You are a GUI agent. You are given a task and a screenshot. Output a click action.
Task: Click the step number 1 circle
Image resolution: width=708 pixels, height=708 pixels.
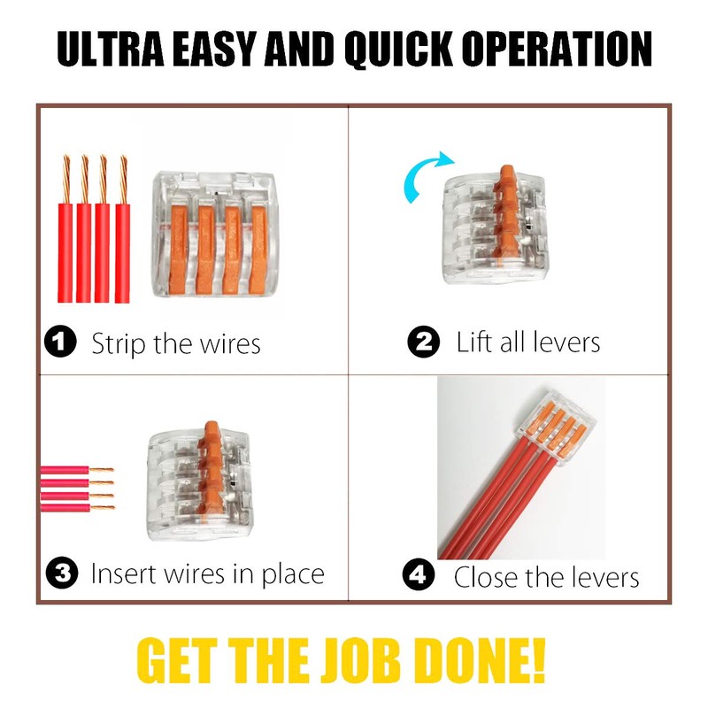pos(59,342)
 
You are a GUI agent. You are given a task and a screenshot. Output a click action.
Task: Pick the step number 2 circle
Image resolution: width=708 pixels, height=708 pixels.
pos(424,342)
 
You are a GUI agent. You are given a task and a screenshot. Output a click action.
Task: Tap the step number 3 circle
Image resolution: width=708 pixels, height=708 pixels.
pos(62,573)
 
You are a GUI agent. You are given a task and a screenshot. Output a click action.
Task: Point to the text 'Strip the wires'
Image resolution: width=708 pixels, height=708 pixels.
pos(176,343)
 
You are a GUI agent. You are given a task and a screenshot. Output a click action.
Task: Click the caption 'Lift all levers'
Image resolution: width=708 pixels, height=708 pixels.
pos(528,342)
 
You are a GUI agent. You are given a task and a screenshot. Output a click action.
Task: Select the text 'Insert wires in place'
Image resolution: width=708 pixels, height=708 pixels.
pos(208,573)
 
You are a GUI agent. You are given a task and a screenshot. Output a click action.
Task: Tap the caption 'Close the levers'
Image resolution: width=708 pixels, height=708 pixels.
pos(546,577)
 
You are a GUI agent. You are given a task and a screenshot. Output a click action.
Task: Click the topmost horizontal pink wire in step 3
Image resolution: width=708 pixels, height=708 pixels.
pos(76,471)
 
